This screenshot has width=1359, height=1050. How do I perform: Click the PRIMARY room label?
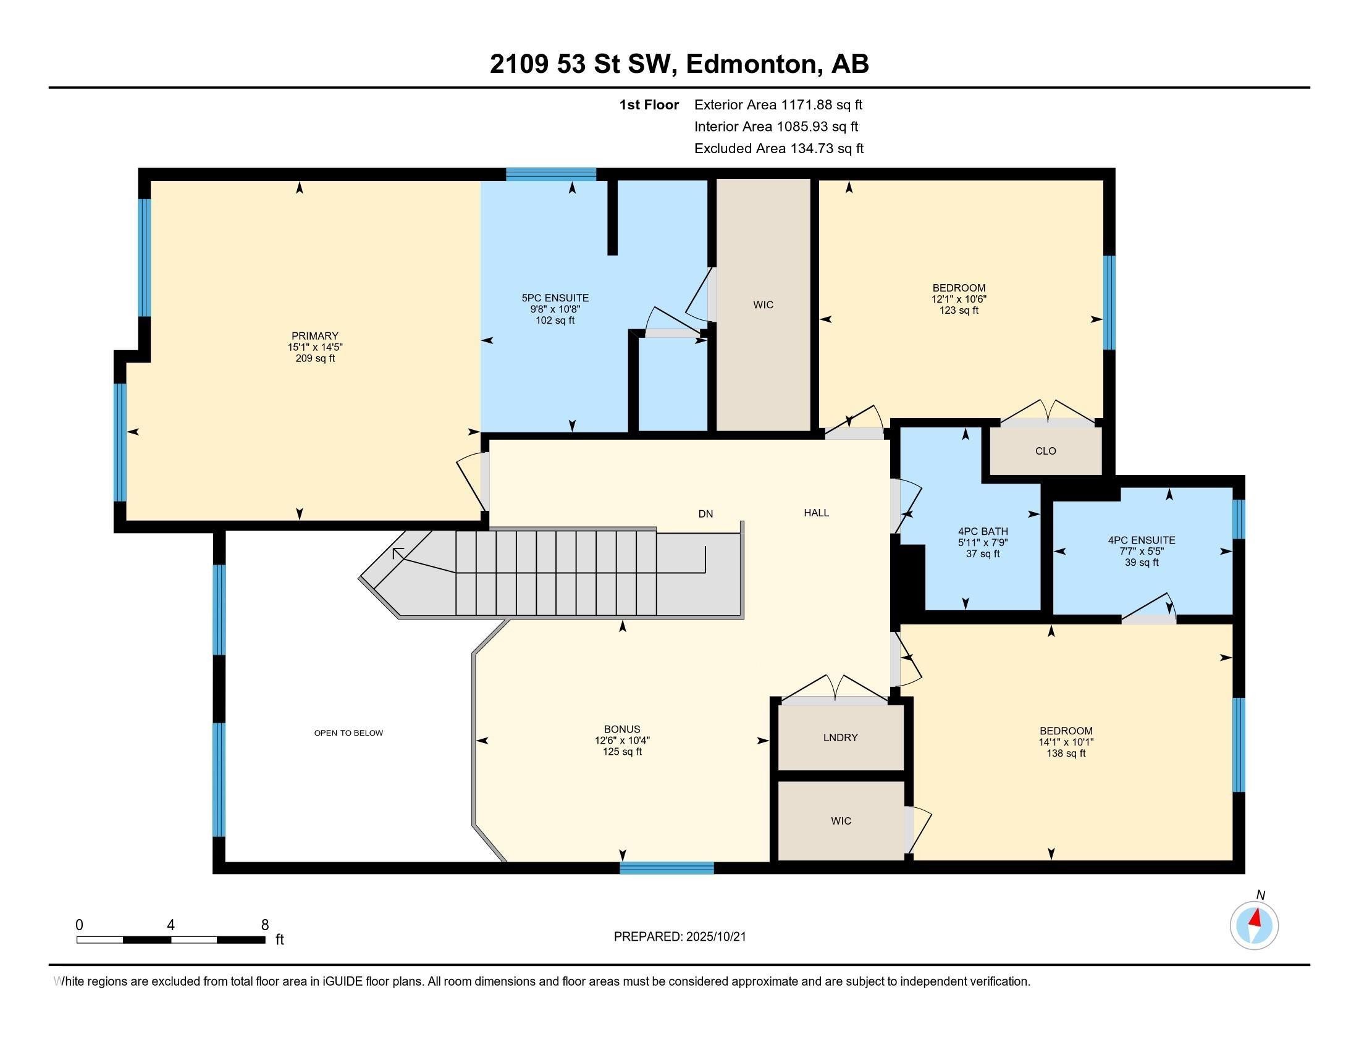(x=314, y=336)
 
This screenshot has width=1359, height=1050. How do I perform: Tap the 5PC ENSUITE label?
(x=555, y=298)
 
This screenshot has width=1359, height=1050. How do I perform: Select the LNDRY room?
(x=840, y=737)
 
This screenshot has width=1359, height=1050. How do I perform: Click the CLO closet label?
(x=1045, y=451)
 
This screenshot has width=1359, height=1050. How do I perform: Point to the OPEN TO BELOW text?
(x=348, y=733)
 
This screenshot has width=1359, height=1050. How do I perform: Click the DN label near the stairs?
(x=705, y=514)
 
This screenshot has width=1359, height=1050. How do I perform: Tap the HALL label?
(x=816, y=513)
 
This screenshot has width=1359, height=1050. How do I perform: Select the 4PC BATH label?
(x=983, y=531)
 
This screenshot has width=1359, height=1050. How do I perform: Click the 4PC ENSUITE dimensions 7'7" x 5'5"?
(x=1141, y=551)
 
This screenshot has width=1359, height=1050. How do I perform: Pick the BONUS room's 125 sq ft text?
(x=621, y=752)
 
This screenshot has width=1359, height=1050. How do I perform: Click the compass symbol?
(x=1254, y=925)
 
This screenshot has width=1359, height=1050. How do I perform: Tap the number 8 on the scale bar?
(x=264, y=925)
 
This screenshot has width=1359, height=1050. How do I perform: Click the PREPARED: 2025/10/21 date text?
(x=679, y=936)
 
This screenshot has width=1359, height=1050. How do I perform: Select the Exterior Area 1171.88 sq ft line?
(x=778, y=105)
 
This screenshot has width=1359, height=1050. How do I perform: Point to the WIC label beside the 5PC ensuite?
(x=763, y=304)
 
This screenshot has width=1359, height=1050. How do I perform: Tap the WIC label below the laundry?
(x=840, y=821)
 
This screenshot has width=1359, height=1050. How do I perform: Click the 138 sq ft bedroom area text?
(x=1066, y=754)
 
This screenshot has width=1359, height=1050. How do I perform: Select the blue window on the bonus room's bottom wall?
(x=667, y=868)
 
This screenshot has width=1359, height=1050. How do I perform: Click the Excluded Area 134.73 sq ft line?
(x=778, y=149)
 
